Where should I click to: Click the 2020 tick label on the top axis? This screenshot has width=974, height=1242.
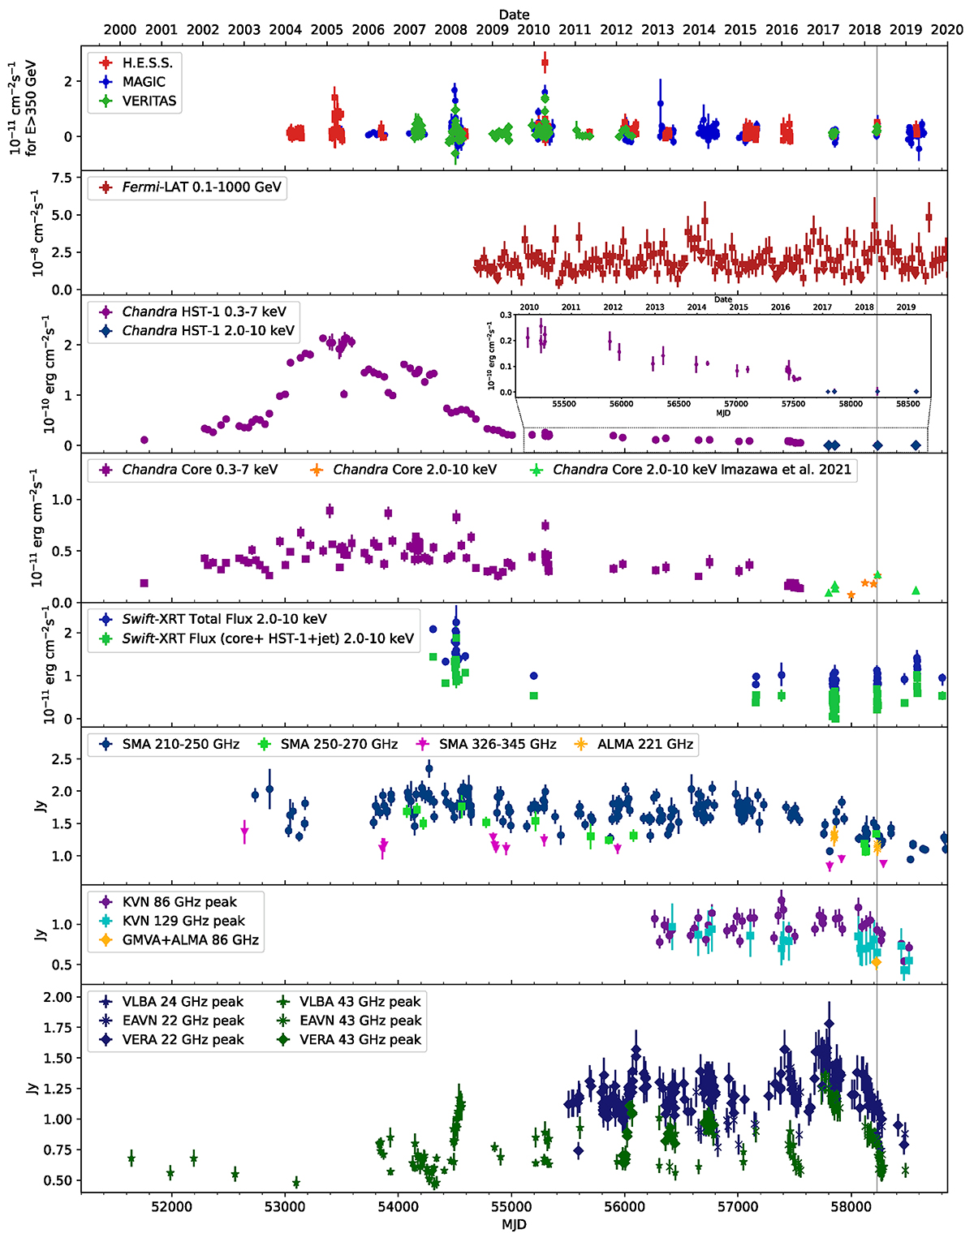(x=947, y=30)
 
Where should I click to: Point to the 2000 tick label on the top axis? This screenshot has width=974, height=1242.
(x=120, y=30)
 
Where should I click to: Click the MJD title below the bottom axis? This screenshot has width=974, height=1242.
(x=514, y=1225)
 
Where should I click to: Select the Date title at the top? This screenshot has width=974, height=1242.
(x=514, y=14)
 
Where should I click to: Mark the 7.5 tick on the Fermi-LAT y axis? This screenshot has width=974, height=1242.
(x=62, y=178)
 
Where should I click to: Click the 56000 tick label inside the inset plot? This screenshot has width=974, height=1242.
(x=621, y=404)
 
